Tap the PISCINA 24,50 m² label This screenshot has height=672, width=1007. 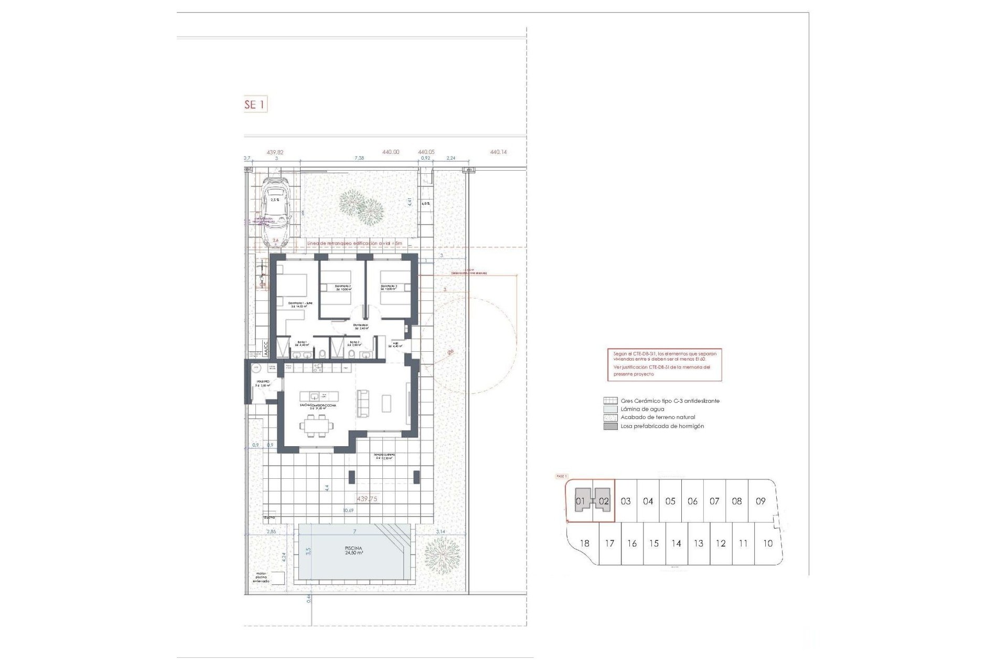(x=353, y=550)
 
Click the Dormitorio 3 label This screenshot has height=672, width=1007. (x=389, y=288)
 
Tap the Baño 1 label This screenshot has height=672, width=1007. (x=303, y=344)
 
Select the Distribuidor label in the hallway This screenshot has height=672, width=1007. (x=360, y=327)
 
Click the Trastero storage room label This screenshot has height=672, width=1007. (x=262, y=383)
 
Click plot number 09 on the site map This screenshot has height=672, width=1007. (x=760, y=501)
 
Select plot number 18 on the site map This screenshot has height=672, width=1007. (x=584, y=543)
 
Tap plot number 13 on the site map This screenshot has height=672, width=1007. (x=698, y=543)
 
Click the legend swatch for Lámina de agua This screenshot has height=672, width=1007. (x=610, y=409)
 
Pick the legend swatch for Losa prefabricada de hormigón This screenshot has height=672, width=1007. (x=610, y=426)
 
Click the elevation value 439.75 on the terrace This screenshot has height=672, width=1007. (x=367, y=499)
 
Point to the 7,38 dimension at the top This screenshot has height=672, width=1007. (x=359, y=158)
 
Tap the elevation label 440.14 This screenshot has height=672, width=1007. (x=498, y=152)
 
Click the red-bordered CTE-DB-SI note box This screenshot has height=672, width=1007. (x=664, y=364)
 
